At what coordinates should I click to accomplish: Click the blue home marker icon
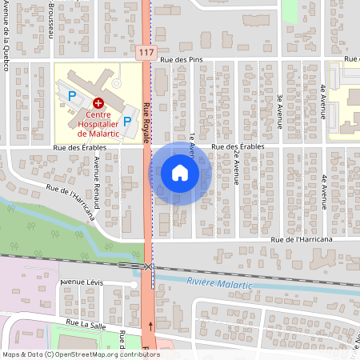(x=180, y=173)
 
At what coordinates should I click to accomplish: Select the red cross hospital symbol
(x=98, y=103)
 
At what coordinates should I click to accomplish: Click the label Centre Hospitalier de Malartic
(x=98, y=123)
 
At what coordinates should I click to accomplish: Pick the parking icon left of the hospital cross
(x=72, y=96)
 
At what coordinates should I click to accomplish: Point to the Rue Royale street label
(x=146, y=122)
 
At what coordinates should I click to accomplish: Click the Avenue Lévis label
(x=82, y=283)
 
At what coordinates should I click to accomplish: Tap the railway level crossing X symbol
(x=147, y=266)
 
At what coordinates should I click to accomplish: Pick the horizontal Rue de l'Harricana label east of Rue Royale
(x=301, y=238)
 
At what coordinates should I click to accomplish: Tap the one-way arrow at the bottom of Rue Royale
(x=151, y=326)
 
